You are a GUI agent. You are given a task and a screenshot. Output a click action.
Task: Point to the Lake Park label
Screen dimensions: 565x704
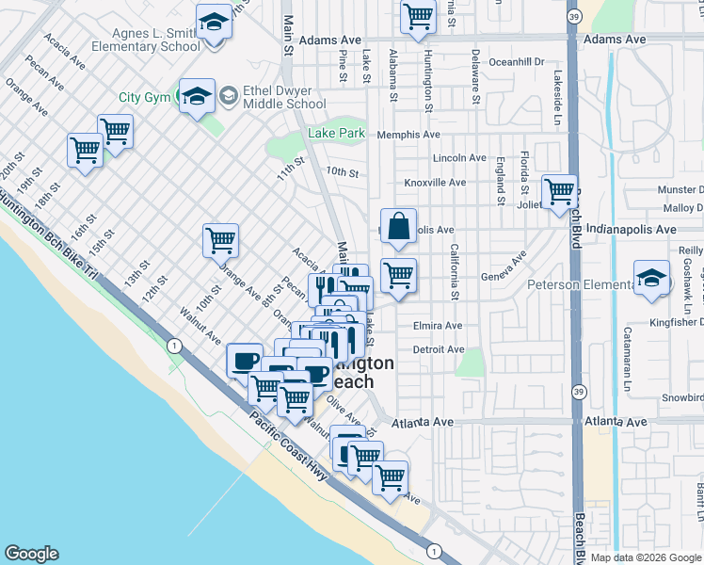pos(336,134)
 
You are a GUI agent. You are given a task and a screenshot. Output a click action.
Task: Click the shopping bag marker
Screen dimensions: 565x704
pos(399,226)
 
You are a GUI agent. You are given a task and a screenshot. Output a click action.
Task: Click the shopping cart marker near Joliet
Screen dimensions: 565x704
pos(559,192)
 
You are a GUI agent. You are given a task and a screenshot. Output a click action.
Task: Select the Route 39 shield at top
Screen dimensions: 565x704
pos(574,16)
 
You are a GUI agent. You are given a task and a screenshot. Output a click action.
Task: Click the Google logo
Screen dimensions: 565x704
pos(31,554)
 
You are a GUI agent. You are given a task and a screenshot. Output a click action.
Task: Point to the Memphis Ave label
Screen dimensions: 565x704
pos(408,135)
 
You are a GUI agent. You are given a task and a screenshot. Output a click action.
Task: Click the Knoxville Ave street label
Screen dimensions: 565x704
pos(435,182)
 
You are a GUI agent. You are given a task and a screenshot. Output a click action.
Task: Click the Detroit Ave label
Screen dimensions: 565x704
pos(439,349)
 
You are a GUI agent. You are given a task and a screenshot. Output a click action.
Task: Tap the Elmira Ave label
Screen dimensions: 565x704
pos(438,326)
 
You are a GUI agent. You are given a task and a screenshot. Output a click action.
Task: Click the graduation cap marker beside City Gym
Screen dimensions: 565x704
pos(197,96)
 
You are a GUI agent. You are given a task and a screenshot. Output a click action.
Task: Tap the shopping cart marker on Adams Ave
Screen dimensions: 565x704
pos(418,16)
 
